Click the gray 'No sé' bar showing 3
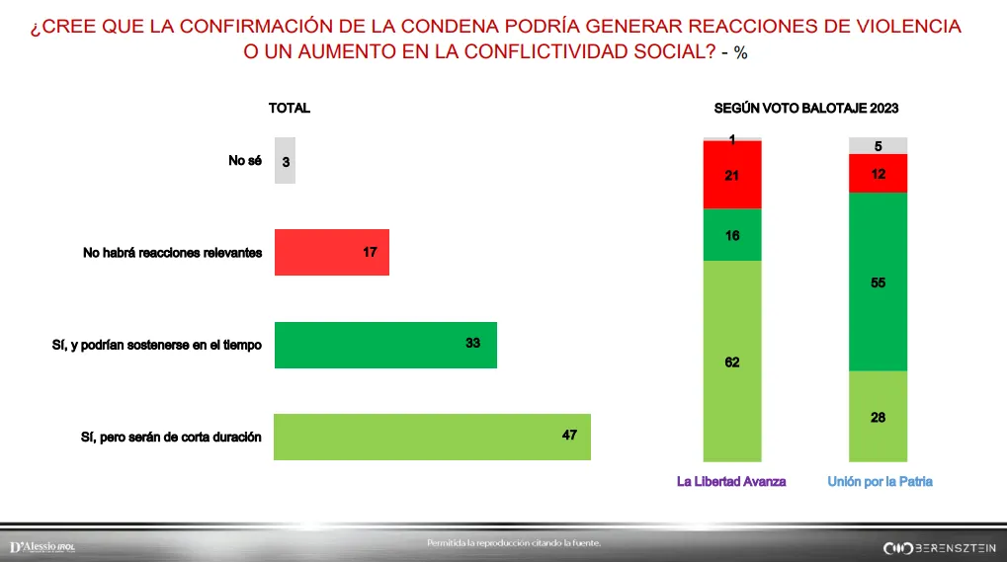pyautogui.click(x=285, y=160)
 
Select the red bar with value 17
pyautogui.click(x=331, y=253)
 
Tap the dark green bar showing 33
pyautogui.click(x=384, y=345)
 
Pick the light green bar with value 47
pyautogui.click(x=431, y=437)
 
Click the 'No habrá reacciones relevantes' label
pyautogui.click(x=172, y=253)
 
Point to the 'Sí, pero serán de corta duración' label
pyautogui.click(x=171, y=437)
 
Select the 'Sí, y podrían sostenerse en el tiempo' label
pyautogui.click(x=157, y=345)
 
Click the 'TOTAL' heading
pyautogui.click(x=290, y=109)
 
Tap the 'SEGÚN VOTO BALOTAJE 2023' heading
pyautogui.click(x=805, y=109)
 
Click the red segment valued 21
pyautogui.click(x=731, y=175)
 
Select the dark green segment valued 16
pyautogui.click(x=731, y=235)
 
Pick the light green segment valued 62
pyautogui.click(x=731, y=361)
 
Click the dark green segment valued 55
pyautogui.click(x=879, y=281)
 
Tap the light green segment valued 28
pyautogui.click(x=879, y=417)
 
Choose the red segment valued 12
pyautogui.click(x=879, y=173)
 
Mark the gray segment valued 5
pyautogui.click(x=879, y=146)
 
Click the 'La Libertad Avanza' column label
pyautogui.click(x=731, y=482)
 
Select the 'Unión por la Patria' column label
pyautogui.click(x=880, y=482)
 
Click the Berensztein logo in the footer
pyautogui.click(x=939, y=547)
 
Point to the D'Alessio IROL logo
pyautogui.click(x=42, y=547)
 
